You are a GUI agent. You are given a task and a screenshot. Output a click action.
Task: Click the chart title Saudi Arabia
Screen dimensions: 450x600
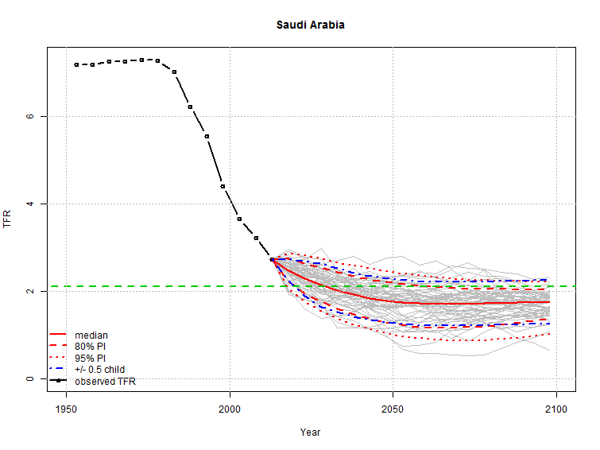[x=310, y=25]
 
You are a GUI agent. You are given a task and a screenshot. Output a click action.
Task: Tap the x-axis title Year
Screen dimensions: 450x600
[x=310, y=432]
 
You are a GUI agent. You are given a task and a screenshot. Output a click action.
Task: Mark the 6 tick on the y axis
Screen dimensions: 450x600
[x=29, y=116]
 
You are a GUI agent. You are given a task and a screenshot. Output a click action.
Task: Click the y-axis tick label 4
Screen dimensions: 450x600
[x=29, y=204]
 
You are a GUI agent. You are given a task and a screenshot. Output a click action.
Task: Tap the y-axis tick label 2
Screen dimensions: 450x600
[x=29, y=291]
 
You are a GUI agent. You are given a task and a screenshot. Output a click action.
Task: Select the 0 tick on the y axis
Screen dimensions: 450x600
[x=29, y=378]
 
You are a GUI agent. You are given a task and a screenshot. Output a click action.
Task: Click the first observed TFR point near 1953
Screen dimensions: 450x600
[x=76, y=64]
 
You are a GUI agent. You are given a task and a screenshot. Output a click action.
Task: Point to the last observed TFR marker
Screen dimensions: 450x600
[x=272, y=259]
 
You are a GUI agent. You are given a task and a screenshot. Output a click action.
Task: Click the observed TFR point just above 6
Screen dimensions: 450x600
[x=191, y=107]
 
